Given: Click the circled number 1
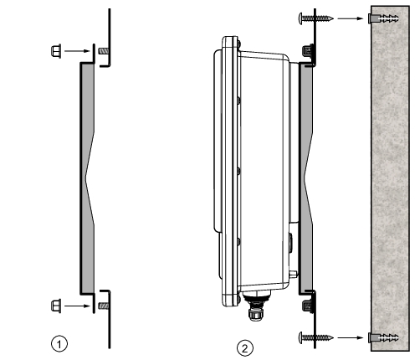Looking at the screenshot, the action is point(59,344).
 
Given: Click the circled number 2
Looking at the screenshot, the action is point(245,348).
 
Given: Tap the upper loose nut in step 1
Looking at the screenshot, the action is point(56,51).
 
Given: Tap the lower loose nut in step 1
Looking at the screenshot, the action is point(56,306).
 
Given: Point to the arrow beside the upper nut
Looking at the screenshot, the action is point(77,51).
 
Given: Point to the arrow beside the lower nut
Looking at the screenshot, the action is point(77,306).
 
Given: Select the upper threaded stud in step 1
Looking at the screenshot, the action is point(104,51).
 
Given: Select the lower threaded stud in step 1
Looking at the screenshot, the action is point(104,306).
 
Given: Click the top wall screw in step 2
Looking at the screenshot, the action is point(316,18).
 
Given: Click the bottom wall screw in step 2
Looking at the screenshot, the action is point(316,337).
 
